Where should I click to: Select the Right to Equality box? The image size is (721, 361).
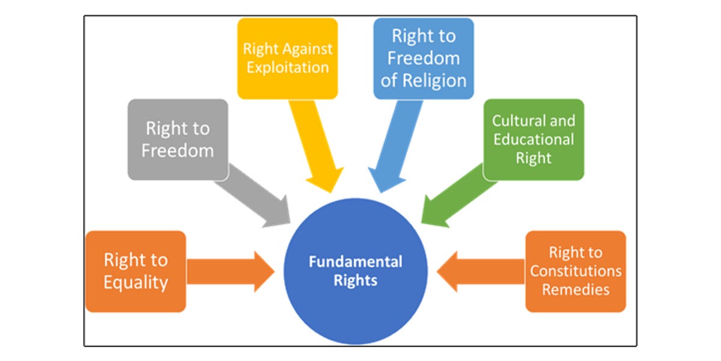point(136,271)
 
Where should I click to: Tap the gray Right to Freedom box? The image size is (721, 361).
point(178,140)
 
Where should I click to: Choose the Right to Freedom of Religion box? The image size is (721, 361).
point(424,58)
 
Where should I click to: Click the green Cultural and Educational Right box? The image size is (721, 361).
point(534,140)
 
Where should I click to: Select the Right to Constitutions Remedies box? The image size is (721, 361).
point(576,271)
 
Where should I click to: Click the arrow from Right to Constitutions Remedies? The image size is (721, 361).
point(481,271)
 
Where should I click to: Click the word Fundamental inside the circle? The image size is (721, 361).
point(356,262)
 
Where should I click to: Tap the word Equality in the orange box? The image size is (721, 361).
point(136,282)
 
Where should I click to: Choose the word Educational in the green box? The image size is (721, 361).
point(534,140)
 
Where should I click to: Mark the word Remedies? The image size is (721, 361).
point(576,289)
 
